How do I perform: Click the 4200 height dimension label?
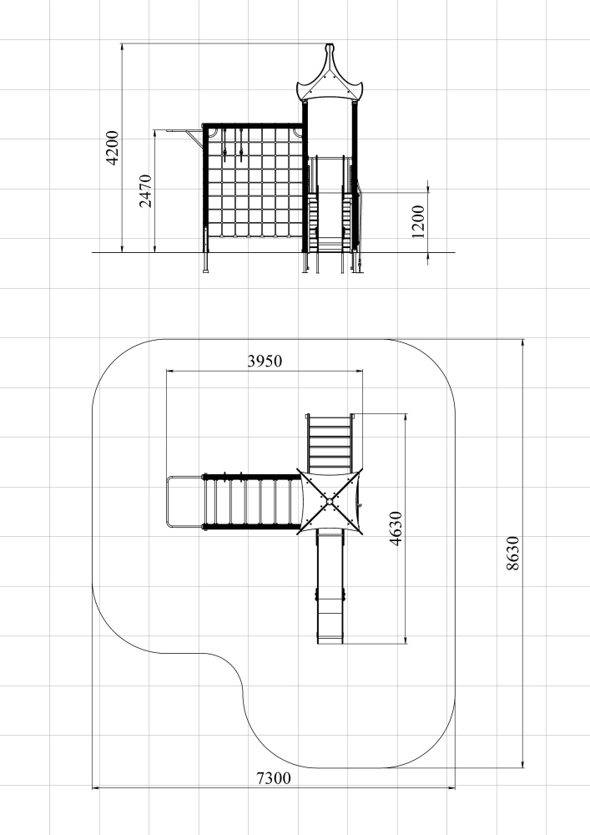(x=113, y=148)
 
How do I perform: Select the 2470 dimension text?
(x=145, y=190)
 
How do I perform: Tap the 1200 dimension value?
(x=418, y=221)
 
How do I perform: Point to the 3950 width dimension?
(x=265, y=361)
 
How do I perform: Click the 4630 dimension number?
(x=396, y=529)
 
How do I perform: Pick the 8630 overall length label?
(x=512, y=554)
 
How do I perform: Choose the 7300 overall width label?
(x=274, y=778)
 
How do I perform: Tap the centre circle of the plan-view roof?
(x=330, y=502)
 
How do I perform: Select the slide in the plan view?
(x=330, y=586)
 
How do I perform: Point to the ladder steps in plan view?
(x=330, y=443)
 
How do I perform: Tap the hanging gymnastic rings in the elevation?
(x=234, y=145)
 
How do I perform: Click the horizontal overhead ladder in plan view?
(x=251, y=502)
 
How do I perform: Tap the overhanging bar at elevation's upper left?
(x=184, y=130)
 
